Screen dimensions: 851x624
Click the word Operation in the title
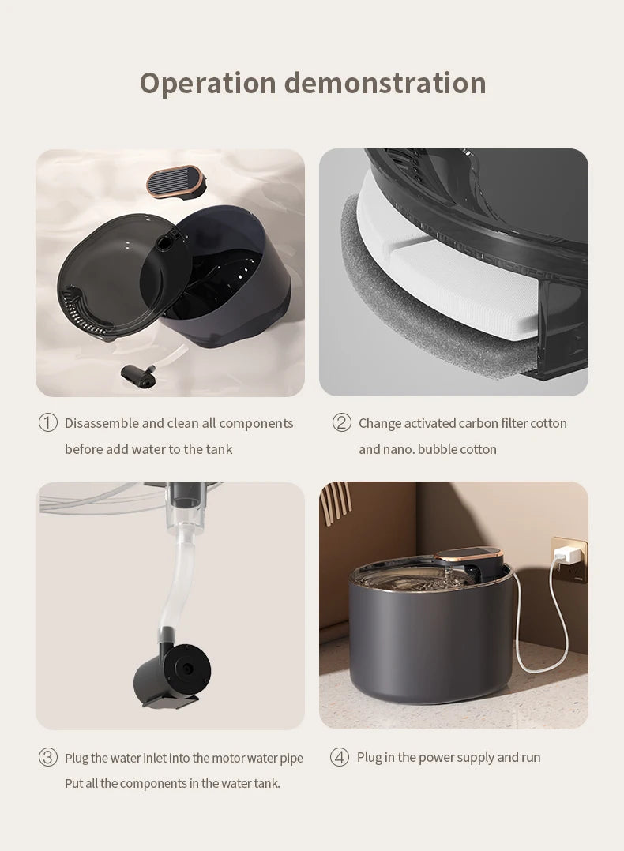[207, 84]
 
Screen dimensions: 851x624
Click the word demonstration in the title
[385, 83]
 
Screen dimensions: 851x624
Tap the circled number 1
[48, 423]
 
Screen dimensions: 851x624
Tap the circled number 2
[341, 423]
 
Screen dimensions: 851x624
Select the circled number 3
[48, 758]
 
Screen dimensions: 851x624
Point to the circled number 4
[340, 758]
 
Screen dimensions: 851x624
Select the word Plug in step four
[369, 757]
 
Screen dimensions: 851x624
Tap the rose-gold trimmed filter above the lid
[175, 180]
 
